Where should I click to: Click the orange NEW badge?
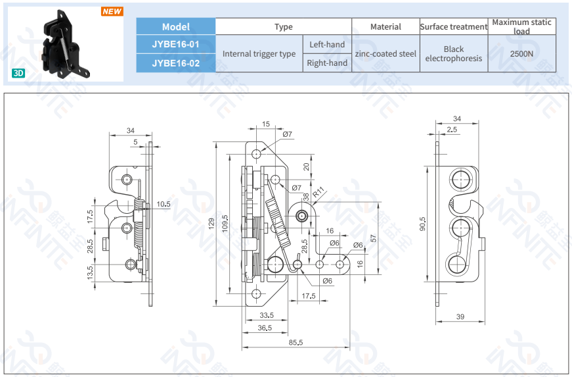[x=112, y=11]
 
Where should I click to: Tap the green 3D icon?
[x=18, y=73]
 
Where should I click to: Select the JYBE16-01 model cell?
[x=175, y=44]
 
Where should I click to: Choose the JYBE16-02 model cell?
[x=175, y=63]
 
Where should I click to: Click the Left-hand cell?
[x=326, y=45]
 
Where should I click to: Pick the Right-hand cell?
[x=327, y=63]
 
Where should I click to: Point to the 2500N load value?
[x=521, y=54]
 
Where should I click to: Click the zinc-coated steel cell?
[x=385, y=54]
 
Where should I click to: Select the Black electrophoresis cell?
[x=453, y=54]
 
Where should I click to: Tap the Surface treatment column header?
[x=453, y=27]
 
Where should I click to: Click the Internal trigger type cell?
[x=259, y=54]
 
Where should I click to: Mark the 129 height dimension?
[x=211, y=224]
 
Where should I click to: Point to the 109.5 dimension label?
[x=225, y=224]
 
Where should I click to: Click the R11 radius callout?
[x=319, y=193]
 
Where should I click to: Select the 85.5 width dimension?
[x=295, y=342]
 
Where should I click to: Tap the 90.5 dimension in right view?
[x=423, y=224]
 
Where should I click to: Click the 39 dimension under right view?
[x=460, y=317]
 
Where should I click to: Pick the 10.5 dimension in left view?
[x=164, y=205]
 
